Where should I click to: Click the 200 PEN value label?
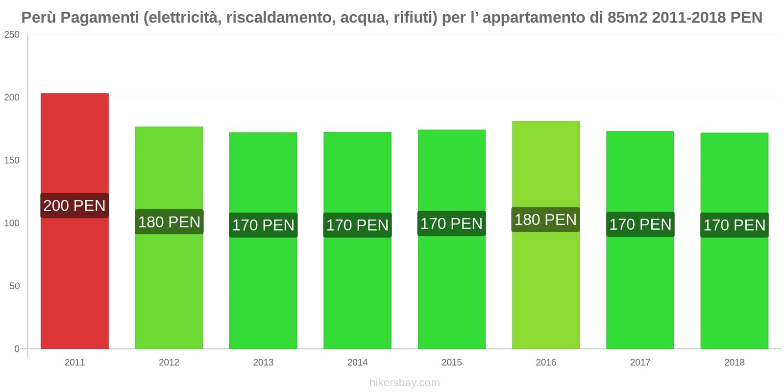(x=74, y=205)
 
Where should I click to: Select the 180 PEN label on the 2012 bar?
(x=169, y=222)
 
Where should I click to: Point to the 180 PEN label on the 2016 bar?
(x=546, y=220)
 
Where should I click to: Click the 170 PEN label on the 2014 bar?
(x=357, y=225)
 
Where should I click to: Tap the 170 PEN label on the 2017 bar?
(x=640, y=224)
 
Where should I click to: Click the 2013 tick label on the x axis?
(x=263, y=362)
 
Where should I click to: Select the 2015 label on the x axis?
(x=452, y=362)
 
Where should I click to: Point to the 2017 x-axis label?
(x=640, y=362)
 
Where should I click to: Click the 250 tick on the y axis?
(x=12, y=34)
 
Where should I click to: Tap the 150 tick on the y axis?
(x=12, y=160)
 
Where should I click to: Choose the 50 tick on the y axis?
(x=15, y=286)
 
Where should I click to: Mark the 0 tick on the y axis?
(x=17, y=349)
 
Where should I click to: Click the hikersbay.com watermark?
(x=405, y=383)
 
